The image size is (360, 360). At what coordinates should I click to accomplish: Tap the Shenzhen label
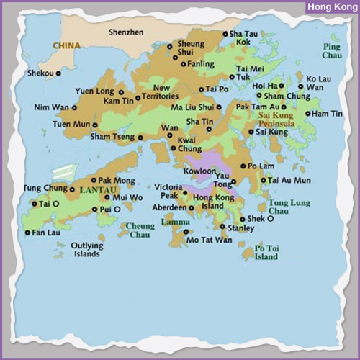pyautogui.click(x=126, y=32)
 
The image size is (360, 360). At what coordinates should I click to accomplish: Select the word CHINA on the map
pyautogui.click(x=66, y=45)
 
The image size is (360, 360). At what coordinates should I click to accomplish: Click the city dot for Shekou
pyautogui.click(x=58, y=73)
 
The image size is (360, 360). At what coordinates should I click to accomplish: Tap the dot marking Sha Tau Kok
pyautogui.click(x=225, y=34)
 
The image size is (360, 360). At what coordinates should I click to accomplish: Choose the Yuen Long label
pyautogui.click(x=95, y=91)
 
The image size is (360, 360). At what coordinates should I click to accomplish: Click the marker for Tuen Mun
pyautogui.click(x=94, y=124)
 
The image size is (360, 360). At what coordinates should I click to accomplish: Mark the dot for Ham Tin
pyautogui.click(x=307, y=114)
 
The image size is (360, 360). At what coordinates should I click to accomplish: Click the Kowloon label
pyautogui.click(x=199, y=171)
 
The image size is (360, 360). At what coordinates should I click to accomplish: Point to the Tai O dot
pyautogui.click(x=34, y=204)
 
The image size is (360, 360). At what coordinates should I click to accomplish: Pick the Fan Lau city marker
pyautogui.click(x=27, y=233)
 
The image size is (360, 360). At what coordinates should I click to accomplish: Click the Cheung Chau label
pyautogui.click(x=140, y=230)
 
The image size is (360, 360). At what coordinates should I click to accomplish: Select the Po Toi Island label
pyautogui.click(x=266, y=253)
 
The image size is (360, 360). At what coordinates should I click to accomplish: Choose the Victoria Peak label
pyautogui.click(x=168, y=191)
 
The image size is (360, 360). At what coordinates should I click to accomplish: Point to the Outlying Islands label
pyautogui.click(x=87, y=250)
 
